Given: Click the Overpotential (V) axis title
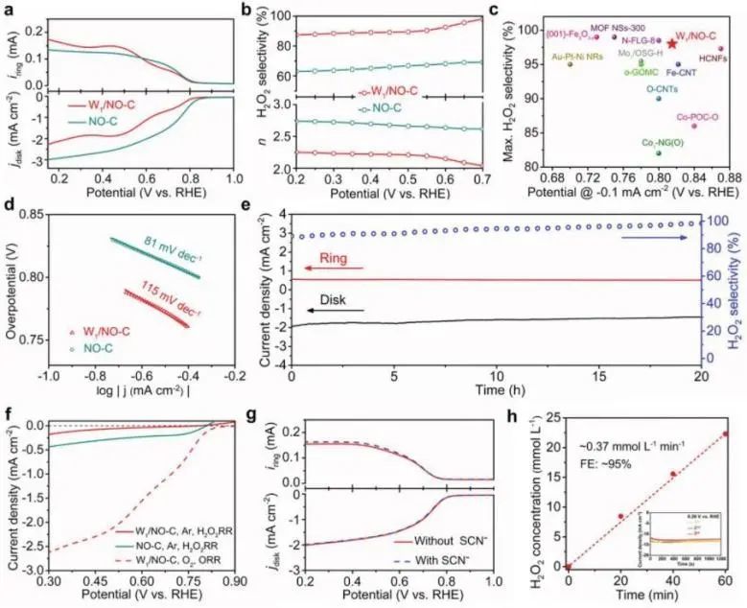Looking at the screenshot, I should click(13, 281).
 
